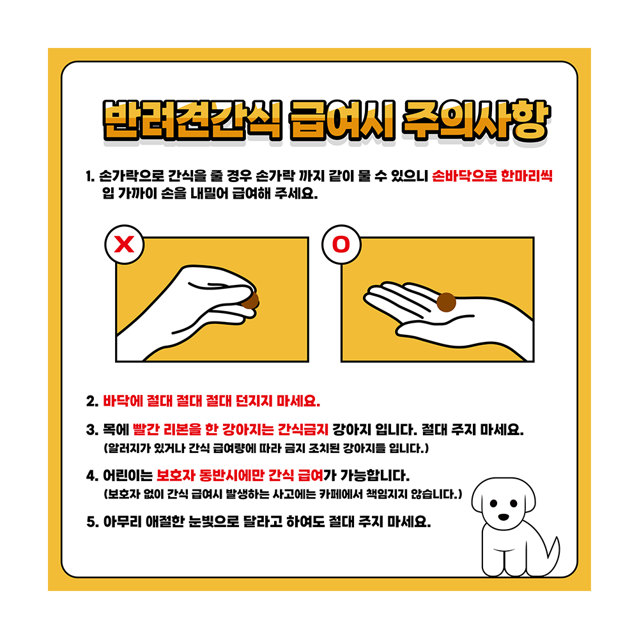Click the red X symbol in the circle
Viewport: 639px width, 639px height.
(x=125, y=245)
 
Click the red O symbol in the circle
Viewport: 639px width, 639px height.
(x=341, y=245)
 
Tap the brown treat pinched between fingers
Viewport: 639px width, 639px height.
(x=251, y=300)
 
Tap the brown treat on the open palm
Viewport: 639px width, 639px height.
(x=446, y=302)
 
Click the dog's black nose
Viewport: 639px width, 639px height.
(x=505, y=516)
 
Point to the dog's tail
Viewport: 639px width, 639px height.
(x=551, y=551)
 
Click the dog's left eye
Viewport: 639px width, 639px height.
(x=493, y=502)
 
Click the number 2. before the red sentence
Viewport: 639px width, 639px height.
(x=91, y=402)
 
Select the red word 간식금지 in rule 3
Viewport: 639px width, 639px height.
(x=305, y=428)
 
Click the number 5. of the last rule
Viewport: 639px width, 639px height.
(x=91, y=521)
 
